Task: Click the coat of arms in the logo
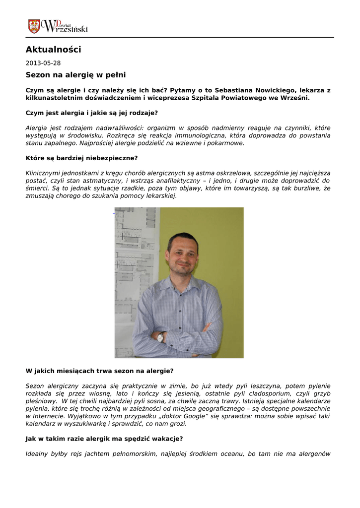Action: [x=34, y=26]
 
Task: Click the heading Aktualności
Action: [x=53, y=50]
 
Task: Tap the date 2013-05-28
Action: [x=43, y=63]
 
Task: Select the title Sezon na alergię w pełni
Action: [x=75, y=75]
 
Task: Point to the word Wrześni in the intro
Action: [x=295, y=98]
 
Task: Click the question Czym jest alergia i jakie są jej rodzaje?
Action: [x=91, y=113]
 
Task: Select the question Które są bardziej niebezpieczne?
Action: [x=81, y=158]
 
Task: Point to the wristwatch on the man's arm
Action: [x=160, y=337]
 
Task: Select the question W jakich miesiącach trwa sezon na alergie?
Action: [x=99, y=371]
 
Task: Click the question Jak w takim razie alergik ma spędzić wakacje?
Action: [x=104, y=439]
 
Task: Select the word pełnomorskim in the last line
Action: [x=131, y=453]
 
